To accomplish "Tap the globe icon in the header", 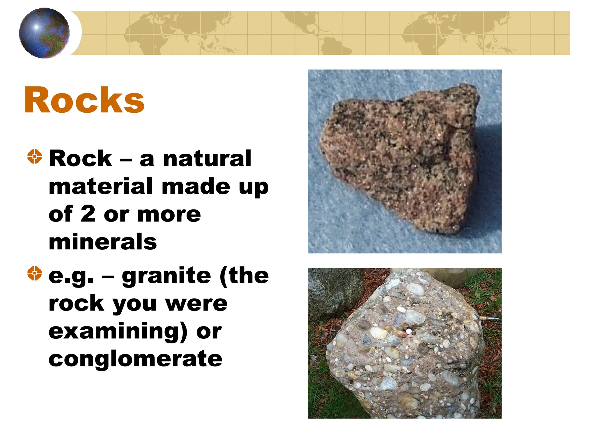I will pyautogui.click(x=45, y=33).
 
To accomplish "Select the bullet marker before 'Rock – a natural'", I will pyautogui.click(x=35, y=157).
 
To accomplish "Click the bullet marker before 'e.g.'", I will pyautogui.click(x=35, y=273).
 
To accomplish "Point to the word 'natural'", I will pyautogui.click(x=207, y=159).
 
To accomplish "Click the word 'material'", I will pyautogui.click(x=101, y=186).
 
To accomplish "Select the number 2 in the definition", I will pyautogui.click(x=88, y=214).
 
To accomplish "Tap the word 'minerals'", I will pyautogui.click(x=103, y=242).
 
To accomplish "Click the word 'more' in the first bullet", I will pyautogui.click(x=169, y=214).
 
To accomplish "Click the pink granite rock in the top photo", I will pyautogui.click(x=402, y=157).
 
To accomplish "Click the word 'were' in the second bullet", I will pyautogui.click(x=196, y=304).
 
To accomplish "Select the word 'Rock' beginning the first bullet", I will pyautogui.click(x=80, y=159).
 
